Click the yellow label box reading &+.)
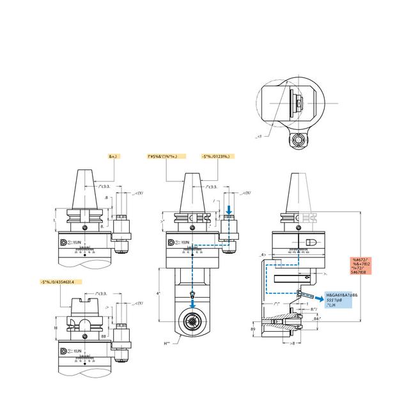114,156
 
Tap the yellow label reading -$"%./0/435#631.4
61,282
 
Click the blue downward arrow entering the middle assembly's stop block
229,209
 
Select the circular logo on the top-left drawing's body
64,243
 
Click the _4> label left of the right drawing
261,254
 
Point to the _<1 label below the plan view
259,136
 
